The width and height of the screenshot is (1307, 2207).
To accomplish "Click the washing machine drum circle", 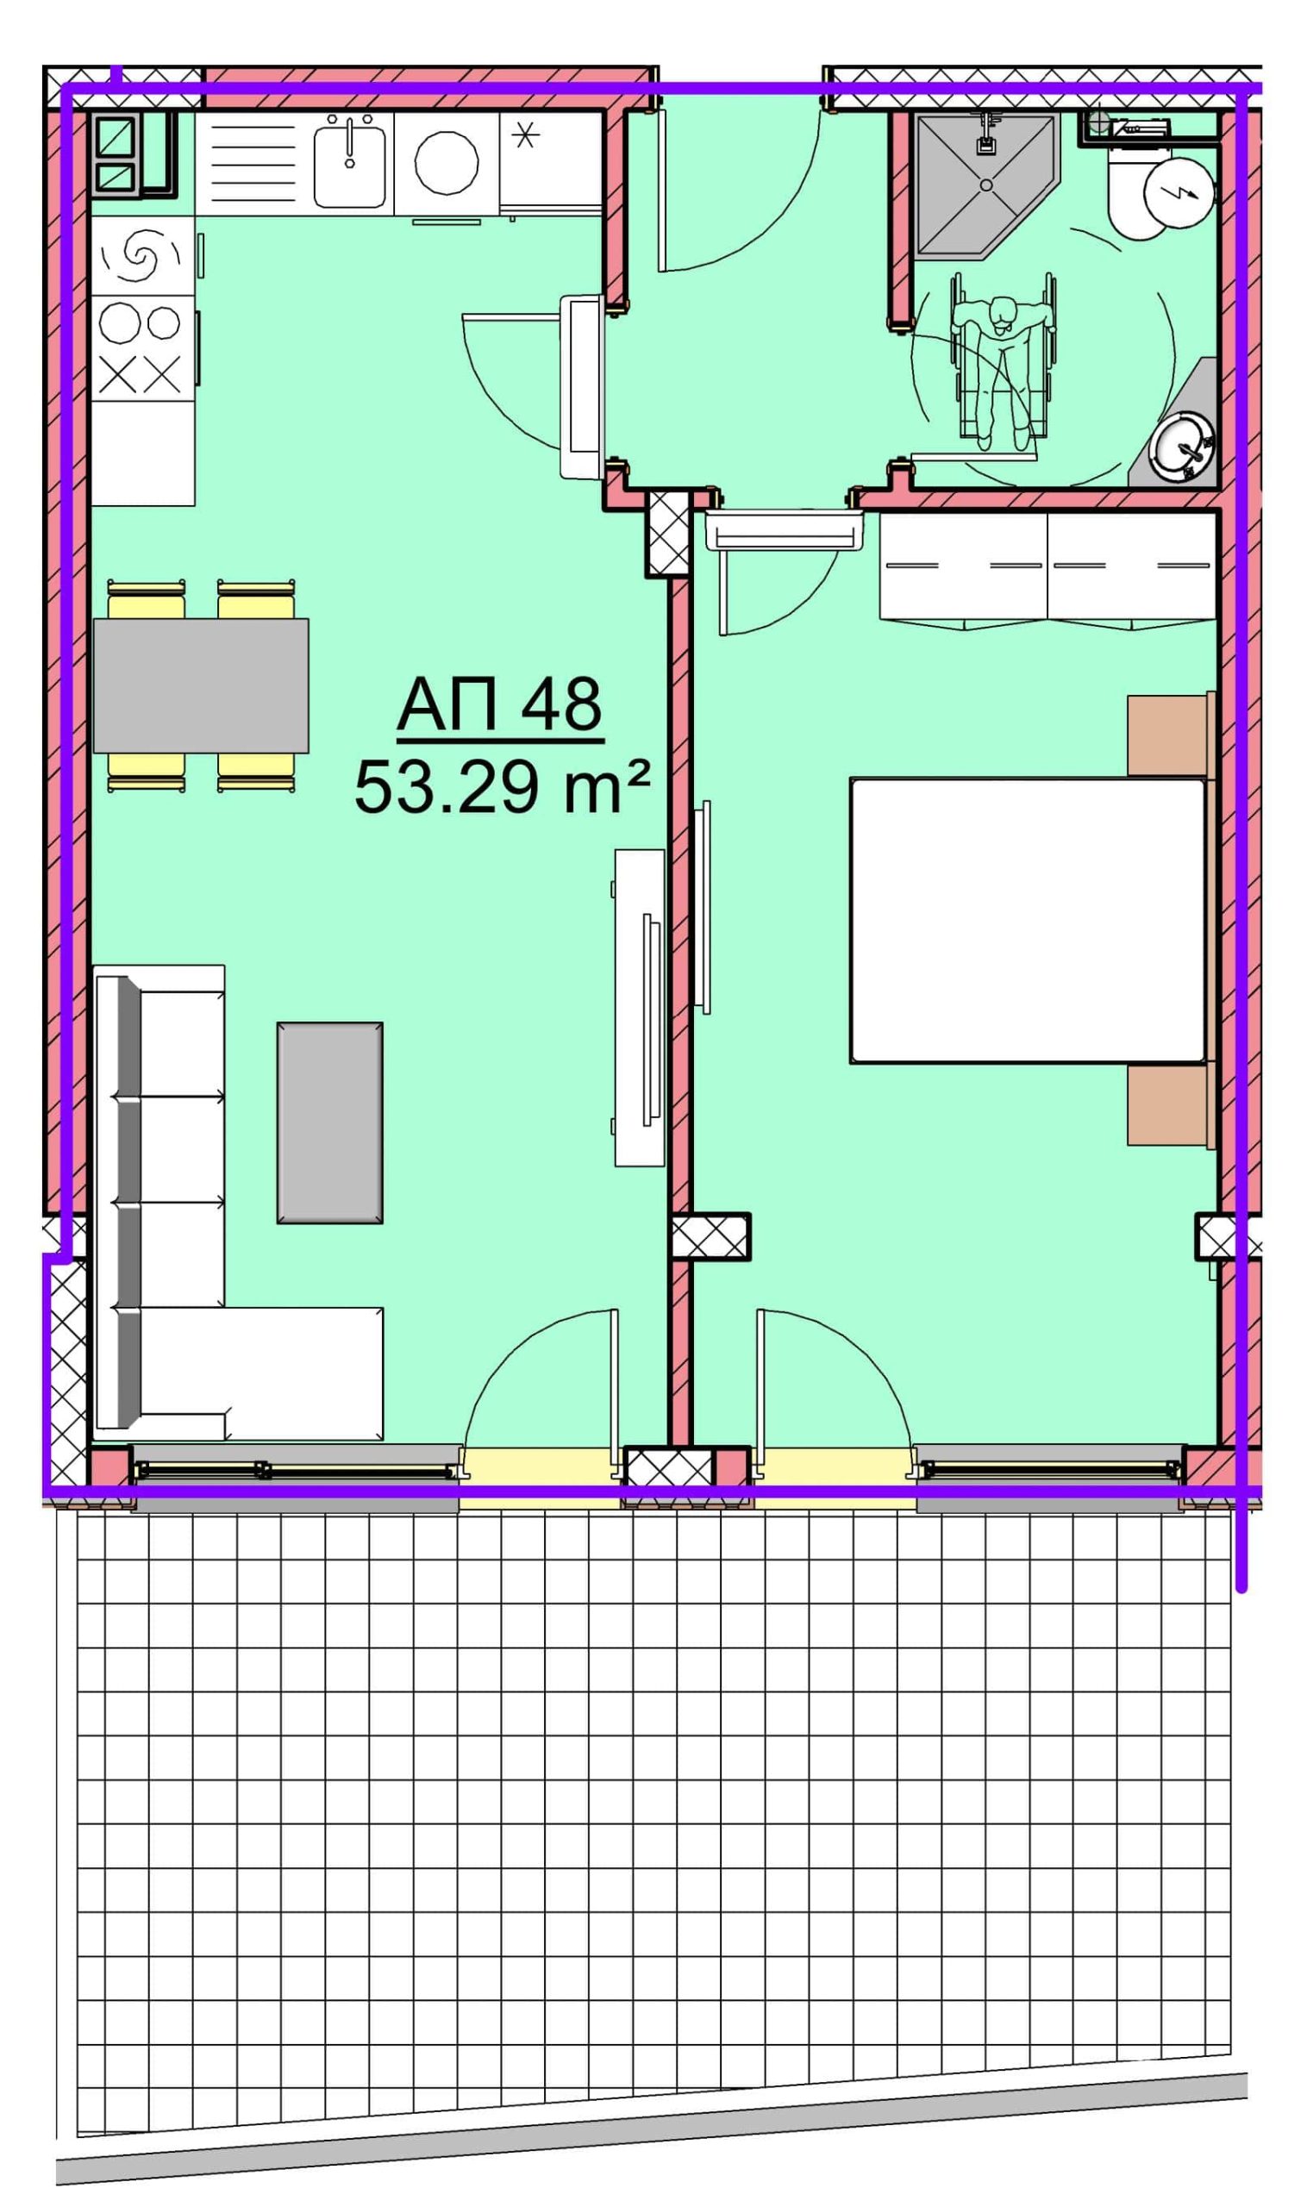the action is [447, 163].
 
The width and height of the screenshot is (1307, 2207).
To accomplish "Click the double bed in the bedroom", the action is [1027, 921].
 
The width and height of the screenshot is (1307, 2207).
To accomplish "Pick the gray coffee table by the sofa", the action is [330, 1122].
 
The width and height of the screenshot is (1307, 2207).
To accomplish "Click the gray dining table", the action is [201, 685].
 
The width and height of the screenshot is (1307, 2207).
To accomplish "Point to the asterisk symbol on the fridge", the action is [526, 135].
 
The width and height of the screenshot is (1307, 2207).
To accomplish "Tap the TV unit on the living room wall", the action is [640, 1008].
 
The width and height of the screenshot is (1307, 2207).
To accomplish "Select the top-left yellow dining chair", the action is [147, 599].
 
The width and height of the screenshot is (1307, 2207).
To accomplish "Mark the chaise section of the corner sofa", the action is [260, 1374].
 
